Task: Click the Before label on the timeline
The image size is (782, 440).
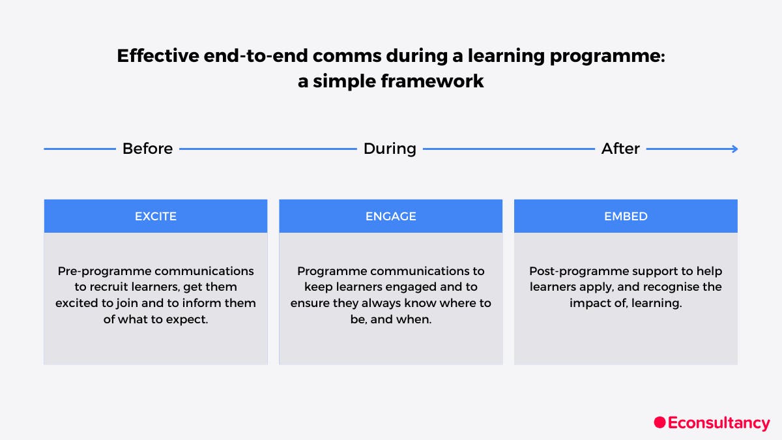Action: [x=147, y=149]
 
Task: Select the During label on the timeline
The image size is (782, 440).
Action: [x=390, y=149]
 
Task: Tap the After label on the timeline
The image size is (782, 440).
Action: [x=620, y=149]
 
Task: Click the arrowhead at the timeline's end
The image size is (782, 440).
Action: [x=734, y=149]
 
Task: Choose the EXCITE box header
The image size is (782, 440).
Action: [x=156, y=216]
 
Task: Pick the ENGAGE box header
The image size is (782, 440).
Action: [x=390, y=216]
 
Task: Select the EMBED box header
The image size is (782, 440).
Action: [x=626, y=216]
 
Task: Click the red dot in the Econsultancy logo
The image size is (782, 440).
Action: [x=659, y=422]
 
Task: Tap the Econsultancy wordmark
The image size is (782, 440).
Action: [x=719, y=423]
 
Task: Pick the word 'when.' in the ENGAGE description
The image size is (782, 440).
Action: [x=416, y=320]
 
